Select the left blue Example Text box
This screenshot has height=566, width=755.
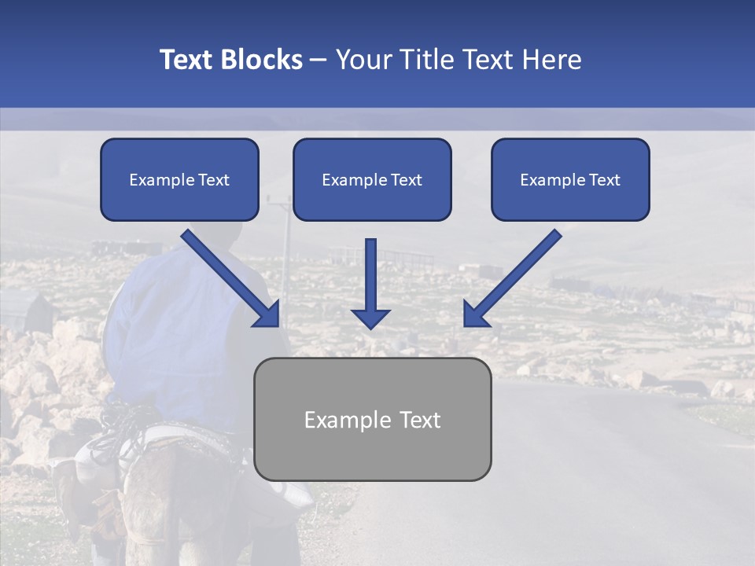(179, 180)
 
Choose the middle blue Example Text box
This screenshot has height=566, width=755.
(372, 180)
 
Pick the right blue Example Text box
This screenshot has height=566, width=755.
(570, 180)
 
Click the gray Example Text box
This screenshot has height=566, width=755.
(372, 419)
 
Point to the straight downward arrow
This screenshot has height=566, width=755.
(370, 279)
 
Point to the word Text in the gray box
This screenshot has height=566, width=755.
(419, 420)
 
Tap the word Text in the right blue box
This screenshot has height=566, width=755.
(604, 180)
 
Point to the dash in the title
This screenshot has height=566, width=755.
(319, 60)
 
